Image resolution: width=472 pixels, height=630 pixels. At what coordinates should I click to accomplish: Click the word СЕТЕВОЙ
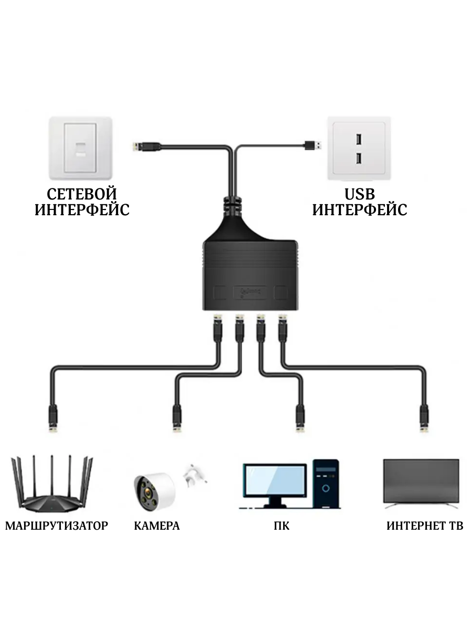pos(82,194)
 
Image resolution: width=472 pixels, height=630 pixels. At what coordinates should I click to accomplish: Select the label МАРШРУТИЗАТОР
pos(57,526)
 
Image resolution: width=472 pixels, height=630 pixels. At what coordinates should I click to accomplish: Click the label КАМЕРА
pos(156,526)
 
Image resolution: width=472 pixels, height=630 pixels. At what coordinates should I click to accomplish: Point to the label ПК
pos(282,526)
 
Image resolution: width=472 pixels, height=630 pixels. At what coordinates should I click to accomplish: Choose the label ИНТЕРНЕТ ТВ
pos(425,526)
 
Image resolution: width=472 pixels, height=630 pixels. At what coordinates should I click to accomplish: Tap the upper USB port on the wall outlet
pos(358,140)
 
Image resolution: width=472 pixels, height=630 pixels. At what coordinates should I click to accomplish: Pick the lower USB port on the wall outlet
pos(358,158)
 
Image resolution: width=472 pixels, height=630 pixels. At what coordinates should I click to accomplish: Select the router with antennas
pos(51,486)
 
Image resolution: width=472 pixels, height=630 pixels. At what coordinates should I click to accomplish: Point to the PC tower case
pos(326,484)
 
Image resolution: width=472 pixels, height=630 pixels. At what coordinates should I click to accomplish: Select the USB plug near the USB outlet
pos(314,143)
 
